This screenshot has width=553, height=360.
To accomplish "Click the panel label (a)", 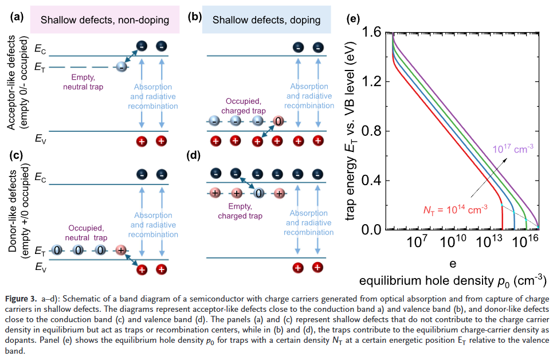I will pyautogui.click(x=18, y=17).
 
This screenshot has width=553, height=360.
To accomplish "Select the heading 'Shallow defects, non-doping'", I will pyautogui.click(x=104, y=20).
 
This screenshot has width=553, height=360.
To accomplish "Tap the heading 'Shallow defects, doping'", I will pyautogui.click(x=266, y=20).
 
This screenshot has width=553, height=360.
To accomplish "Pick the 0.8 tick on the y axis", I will pyautogui.click(x=376, y=131).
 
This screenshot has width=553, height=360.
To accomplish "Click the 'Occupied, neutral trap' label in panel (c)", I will pyautogui.click(x=85, y=232).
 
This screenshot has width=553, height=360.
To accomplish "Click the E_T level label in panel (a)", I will pyautogui.click(x=40, y=68).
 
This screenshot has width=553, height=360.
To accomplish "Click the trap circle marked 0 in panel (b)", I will pyautogui.click(x=277, y=122).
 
